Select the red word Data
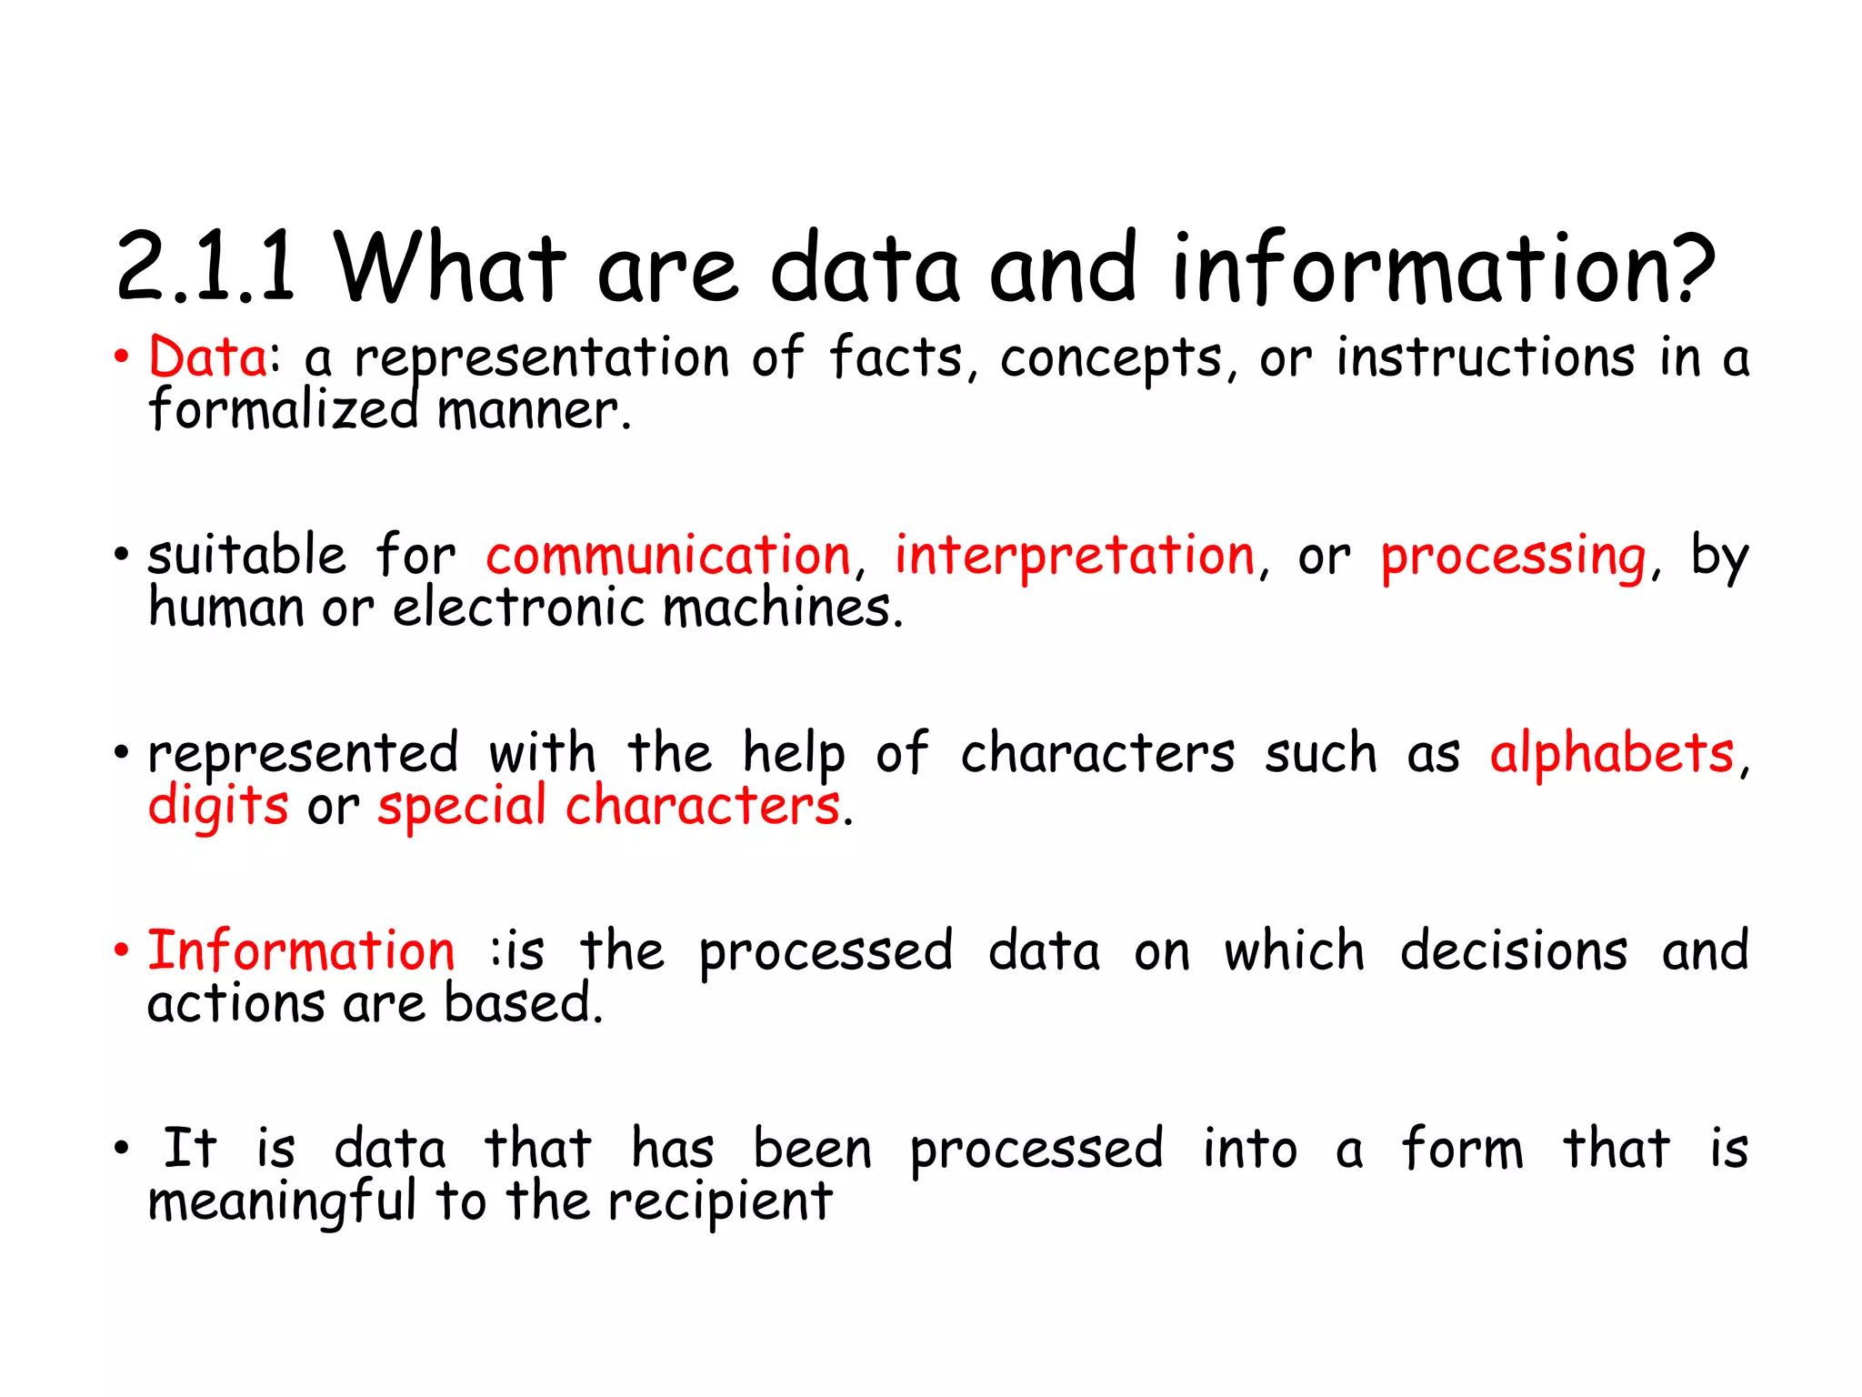pyautogui.click(x=208, y=357)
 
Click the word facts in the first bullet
pyautogui.click(x=895, y=357)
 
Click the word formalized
pyautogui.click(x=283, y=409)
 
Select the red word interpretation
pyautogui.click(x=1075, y=557)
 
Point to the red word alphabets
pyautogui.click(x=1612, y=753)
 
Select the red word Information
pyautogui.click(x=301, y=950)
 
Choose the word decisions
pyautogui.click(x=1514, y=950)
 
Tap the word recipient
pyautogui.click(x=719, y=1202)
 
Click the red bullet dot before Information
pyautogui.click(x=122, y=950)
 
